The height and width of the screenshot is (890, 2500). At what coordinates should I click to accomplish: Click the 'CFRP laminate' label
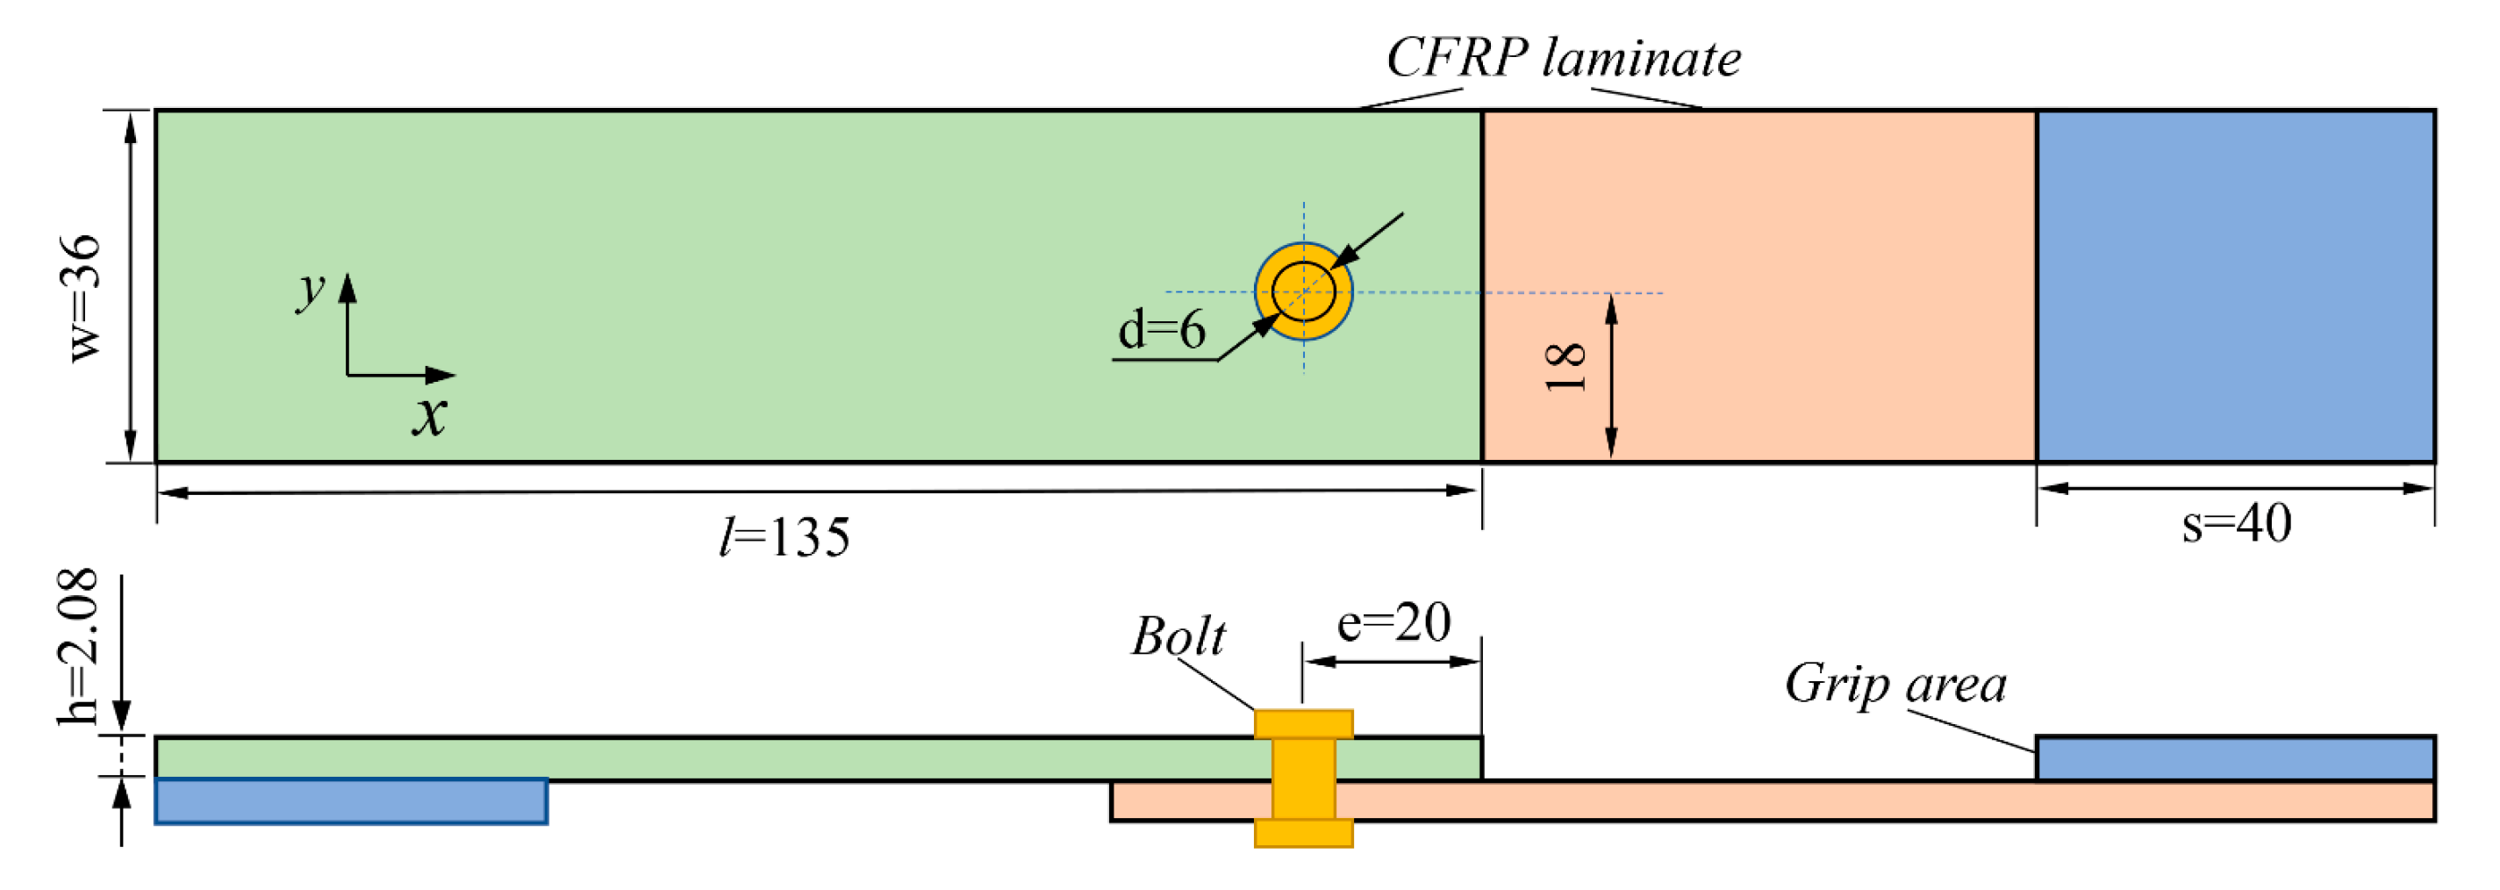(1563, 58)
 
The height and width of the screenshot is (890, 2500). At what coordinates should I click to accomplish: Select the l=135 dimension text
(784, 536)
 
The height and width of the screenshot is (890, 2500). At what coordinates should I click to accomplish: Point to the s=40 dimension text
(2237, 523)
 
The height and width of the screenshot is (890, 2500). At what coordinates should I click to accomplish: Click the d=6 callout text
(1162, 330)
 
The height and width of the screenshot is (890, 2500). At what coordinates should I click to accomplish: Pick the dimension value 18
(1565, 367)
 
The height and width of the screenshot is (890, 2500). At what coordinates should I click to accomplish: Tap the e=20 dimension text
(1393, 622)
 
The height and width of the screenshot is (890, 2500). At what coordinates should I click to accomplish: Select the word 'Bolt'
(1178, 637)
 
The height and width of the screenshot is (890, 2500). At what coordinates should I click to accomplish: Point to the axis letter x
(429, 415)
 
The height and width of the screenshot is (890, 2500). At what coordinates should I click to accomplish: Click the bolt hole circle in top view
(1303, 291)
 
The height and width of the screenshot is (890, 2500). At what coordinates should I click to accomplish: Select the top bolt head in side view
(1303, 724)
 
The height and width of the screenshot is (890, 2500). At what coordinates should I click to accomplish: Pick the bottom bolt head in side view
(1303, 833)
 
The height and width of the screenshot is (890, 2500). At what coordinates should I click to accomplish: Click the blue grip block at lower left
(350, 801)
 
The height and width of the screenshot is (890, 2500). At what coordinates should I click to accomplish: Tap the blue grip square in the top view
(2235, 286)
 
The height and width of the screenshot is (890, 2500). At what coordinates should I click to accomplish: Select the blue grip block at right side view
(2235, 758)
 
